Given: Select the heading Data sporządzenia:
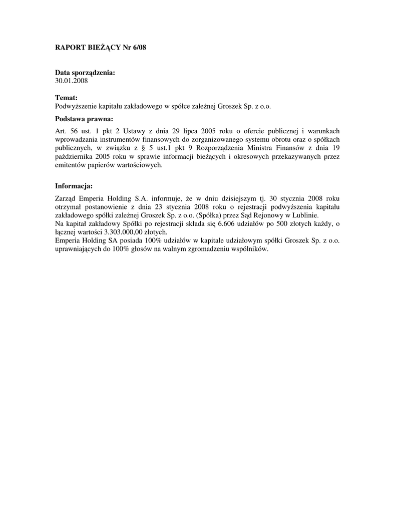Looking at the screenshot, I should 85,73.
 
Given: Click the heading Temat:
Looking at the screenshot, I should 66,98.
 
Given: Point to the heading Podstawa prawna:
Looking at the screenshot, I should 84,119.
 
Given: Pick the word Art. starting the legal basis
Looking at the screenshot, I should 61,132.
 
